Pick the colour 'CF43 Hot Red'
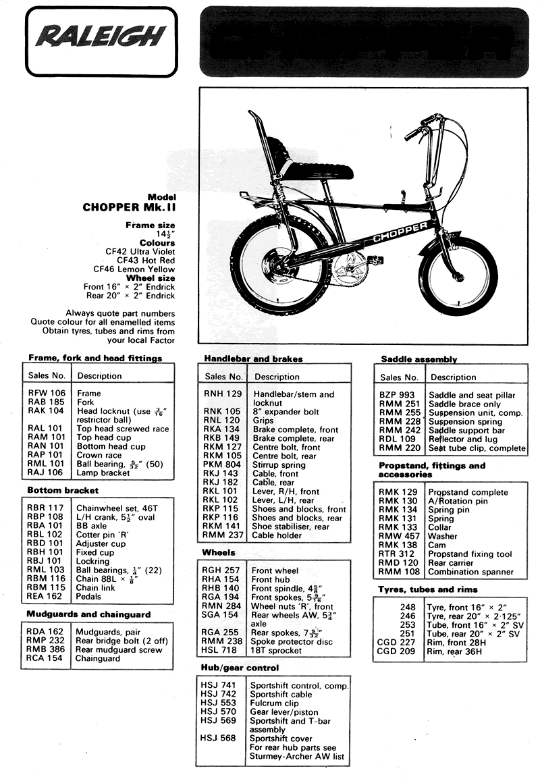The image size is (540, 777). (x=146, y=259)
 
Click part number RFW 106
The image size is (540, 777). (x=47, y=393)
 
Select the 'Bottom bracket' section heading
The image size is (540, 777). (x=63, y=490)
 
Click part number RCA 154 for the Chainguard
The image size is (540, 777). (x=47, y=658)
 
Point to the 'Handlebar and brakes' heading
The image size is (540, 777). (x=253, y=358)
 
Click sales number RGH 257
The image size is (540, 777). (x=222, y=570)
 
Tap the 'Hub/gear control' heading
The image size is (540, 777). (x=240, y=668)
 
